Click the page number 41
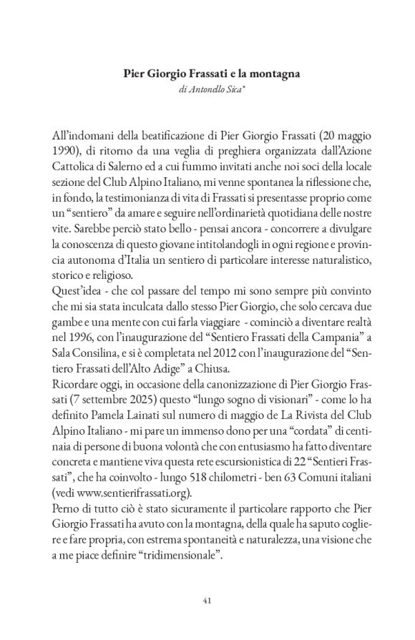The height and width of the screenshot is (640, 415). [x=207, y=601]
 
